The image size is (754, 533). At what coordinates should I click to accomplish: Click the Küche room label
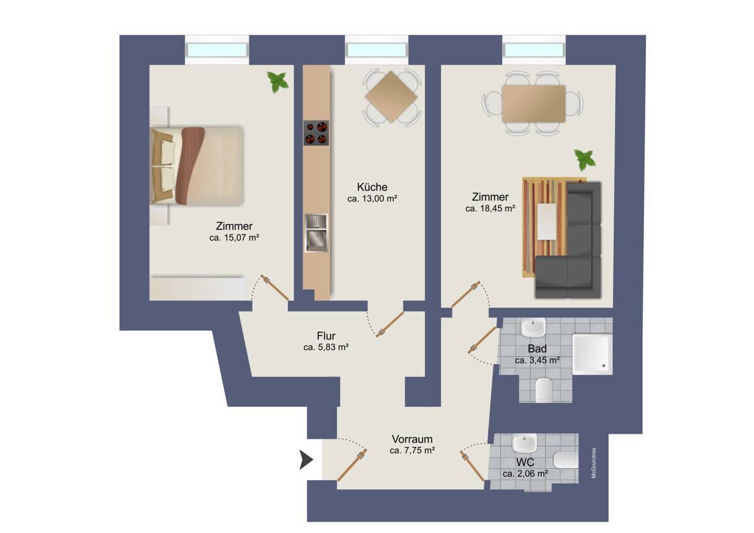372,187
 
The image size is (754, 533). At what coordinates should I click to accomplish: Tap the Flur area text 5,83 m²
333,347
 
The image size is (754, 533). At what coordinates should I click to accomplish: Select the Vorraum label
412,439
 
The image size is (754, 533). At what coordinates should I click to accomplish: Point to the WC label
525,463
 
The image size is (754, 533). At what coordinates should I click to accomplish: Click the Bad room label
537,348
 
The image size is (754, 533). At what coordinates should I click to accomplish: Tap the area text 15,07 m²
241,238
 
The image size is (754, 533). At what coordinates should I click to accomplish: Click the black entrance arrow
306,460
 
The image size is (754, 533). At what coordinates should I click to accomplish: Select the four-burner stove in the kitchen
316,133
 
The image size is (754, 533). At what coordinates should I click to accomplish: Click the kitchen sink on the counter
316,233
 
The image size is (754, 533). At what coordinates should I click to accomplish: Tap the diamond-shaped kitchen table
391,97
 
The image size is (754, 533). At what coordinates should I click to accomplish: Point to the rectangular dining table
533,104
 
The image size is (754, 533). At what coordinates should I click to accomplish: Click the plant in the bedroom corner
278,82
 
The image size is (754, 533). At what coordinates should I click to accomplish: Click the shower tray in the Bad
593,354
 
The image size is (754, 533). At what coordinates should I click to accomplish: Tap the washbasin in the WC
525,443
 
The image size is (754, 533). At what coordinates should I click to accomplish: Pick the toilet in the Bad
544,390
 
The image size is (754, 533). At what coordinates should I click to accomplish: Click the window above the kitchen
376,50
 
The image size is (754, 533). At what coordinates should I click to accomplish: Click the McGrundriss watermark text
594,463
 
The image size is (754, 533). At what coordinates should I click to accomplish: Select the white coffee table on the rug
547,221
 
